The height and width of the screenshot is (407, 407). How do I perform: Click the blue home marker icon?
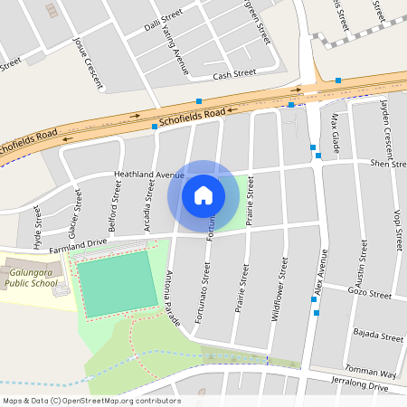click(203, 194)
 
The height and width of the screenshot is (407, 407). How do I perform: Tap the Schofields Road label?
click(191, 116)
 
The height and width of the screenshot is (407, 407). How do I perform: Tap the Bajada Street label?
click(378, 336)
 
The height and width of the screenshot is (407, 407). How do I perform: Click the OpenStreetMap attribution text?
click(90, 401)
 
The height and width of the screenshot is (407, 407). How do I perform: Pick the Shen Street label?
click(387, 164)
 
